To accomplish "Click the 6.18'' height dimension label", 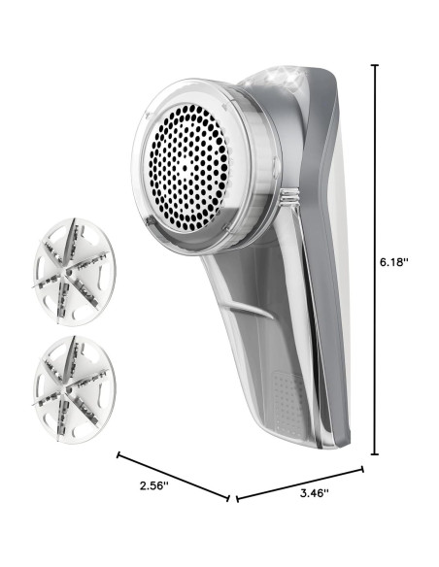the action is pyautogui.click(x=393, y=262).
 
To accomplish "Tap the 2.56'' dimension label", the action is pyautogui.click(x=154, y=485).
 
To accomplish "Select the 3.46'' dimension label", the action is pyautogui.click(x=315, y=493).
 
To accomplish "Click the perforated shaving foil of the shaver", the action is pyautogui.click(x=186, y=167).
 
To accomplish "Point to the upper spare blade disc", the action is pyautogui.click(x=75, y=272).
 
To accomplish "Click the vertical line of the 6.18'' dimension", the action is pyautogui.click(x=375, y=259).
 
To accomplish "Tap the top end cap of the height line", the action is pyautogui.click(x=375, y=65).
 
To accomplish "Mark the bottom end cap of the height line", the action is pyautogui.click(x=375, y=454).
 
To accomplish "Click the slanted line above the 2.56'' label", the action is pyautogui.click(x=173, y=477).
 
